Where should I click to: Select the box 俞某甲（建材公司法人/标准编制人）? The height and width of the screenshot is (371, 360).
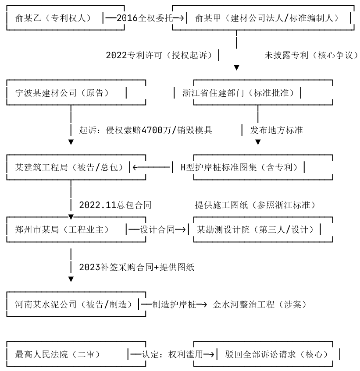point(269,18)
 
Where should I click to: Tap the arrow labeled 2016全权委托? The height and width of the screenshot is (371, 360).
point(145,18)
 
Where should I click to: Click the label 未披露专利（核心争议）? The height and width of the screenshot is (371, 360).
point(311,55)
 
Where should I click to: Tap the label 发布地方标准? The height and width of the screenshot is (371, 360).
point(276,130)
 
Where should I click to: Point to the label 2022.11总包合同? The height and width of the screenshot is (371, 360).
point(115,205)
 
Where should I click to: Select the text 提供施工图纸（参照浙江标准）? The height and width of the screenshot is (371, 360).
point(256,205)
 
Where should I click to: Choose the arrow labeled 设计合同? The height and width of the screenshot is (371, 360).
point(157,229)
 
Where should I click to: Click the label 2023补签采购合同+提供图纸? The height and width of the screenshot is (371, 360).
point(137,267)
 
